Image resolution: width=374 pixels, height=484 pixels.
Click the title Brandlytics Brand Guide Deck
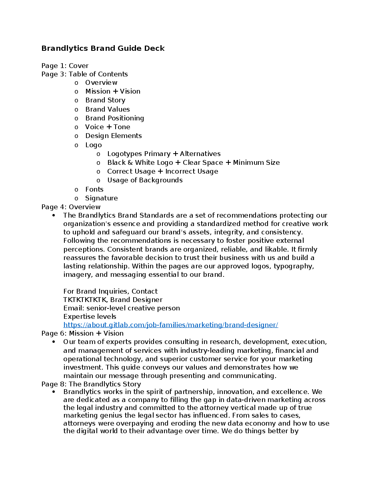(x=103, y=48)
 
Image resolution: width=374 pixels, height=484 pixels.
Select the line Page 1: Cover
(x=65, y=66)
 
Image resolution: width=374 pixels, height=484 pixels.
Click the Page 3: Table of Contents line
(x=84, y=74)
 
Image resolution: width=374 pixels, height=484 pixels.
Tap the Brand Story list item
(x=105, y=100)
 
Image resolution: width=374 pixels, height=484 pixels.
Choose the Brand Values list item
(x=107, y=109)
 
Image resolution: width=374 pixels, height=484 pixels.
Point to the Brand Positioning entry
(x=114, y=118)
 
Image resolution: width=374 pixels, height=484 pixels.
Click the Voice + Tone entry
(x=108, y=127)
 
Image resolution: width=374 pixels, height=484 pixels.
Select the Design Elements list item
(x=113, y=136)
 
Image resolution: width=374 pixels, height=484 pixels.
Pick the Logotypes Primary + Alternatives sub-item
(x=164, y=154)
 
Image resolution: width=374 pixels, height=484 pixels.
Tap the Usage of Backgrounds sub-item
(x=145, y=180)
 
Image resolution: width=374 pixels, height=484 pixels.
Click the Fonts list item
(x=94, y=189)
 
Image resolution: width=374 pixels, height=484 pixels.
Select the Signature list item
(x=101, y=198)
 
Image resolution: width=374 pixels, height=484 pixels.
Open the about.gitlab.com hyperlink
(x=170, y=325)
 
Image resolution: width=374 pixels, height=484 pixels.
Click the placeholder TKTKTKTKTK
(x=85, y=300)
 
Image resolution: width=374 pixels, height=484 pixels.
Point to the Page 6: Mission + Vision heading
(x=82, y=333)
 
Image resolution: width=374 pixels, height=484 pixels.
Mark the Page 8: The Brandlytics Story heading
(x=91, y=384)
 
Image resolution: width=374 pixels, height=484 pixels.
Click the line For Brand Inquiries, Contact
(x=110, y=291)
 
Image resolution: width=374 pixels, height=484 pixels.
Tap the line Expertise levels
(x=90, y=316)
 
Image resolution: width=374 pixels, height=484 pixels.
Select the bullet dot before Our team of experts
(x=54, y=342)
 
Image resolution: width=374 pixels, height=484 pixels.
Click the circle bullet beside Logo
(x=76, y=145)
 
